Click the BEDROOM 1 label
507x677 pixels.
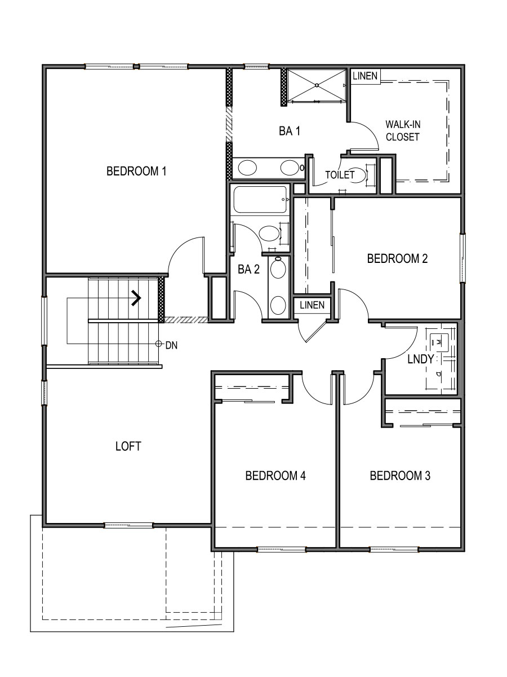[136, 171]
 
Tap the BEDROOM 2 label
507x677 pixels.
[397, 259]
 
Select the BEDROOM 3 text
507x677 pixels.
[400, 476]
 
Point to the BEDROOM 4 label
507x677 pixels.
[275, 476]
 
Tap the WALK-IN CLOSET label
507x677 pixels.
[402, 130]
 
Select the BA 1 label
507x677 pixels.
[289, 131]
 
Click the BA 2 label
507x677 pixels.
[248, 270]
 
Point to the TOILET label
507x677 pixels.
[340, 175]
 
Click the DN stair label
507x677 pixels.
[171, 345]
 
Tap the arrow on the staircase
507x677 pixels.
[136, 298]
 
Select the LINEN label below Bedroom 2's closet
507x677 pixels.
[312, 305]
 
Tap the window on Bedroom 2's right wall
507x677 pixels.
[462, 258]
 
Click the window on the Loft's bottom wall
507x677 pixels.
[128, 526]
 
